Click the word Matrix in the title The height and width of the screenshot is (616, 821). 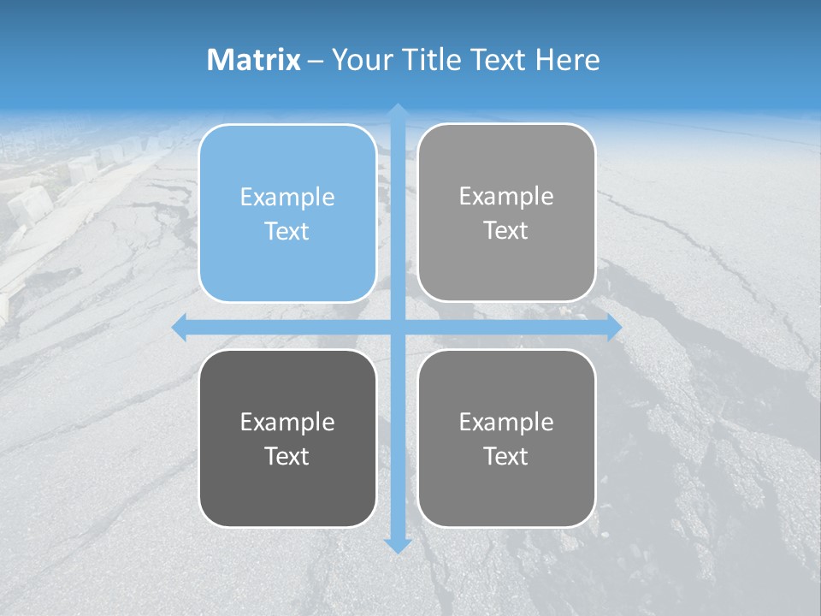click(254, 60)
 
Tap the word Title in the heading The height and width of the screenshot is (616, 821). click(432, 60)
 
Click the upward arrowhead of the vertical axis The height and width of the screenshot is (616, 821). click(398, 111)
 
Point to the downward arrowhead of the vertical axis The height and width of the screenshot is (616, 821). click(398, 546)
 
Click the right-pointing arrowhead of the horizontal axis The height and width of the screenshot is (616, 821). click(614, 328)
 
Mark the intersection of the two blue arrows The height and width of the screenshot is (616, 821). click(398, 328)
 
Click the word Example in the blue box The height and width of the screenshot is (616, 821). click(287, 198)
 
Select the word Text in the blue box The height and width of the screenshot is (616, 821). click(287, 232)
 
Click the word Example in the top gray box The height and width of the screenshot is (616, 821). click(506, 197)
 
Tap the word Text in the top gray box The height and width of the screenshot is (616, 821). click(506, 231)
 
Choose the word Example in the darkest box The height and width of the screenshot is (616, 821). click(287, 423)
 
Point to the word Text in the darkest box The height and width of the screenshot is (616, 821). click(287, 457)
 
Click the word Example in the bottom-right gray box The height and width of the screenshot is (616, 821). click(506, 423)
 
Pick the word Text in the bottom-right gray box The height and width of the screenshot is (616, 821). click(506, 457)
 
